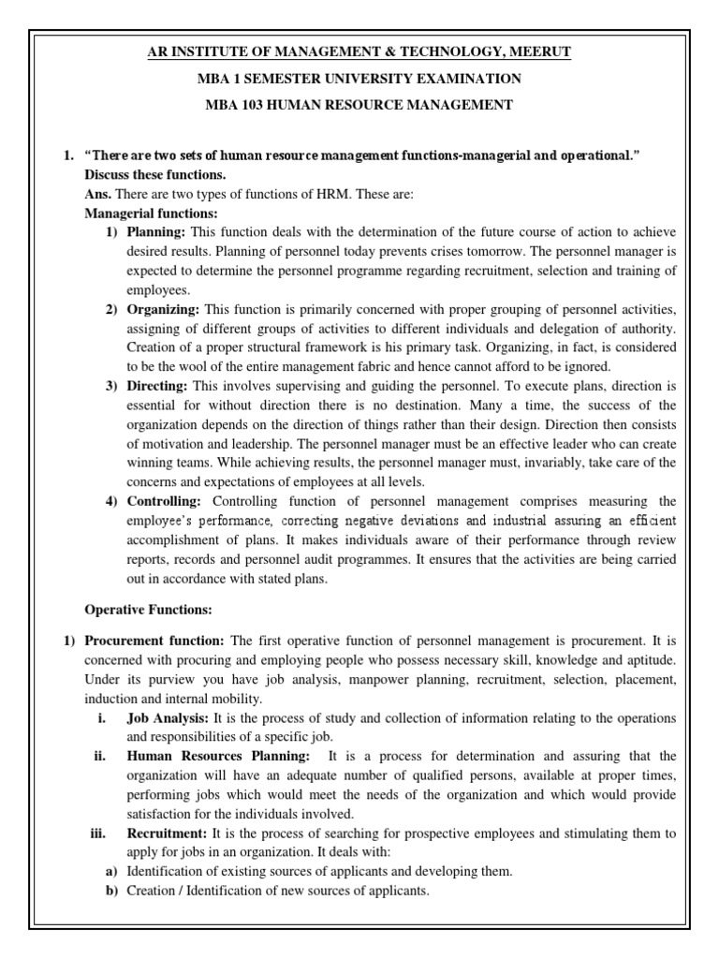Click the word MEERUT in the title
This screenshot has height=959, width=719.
click(x=537, y=52)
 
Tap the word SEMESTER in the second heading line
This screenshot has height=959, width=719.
click(x=296, y=78)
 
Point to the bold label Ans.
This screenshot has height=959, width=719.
click(x=97, y=194)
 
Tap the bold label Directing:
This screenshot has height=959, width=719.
click(x=158, y=386)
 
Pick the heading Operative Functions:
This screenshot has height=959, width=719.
click(x=148, y=610)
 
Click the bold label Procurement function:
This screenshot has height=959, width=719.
click(x=154, y=641)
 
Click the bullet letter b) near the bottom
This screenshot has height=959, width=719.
click(x=110, y=891)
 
